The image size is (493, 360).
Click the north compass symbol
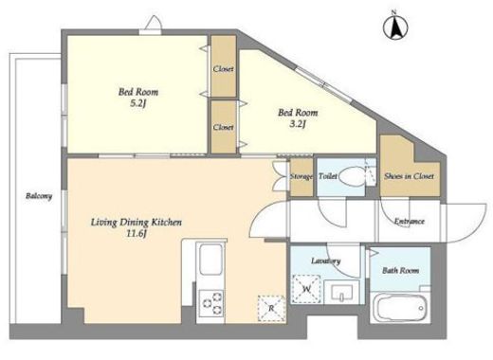[395, 27]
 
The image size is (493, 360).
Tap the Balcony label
[39, 196]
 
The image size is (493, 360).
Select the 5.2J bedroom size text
[137, 103]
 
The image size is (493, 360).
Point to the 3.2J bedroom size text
[298, 124]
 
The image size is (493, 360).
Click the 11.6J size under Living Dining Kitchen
[137, 234]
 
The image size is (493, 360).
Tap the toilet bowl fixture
[353, 176]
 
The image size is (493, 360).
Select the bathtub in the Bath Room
[400, 308]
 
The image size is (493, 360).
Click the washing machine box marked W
[306, 289]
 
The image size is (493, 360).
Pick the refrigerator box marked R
[271, 308]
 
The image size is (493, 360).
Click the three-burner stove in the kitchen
[211, 303]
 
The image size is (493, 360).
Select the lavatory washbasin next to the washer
[341, 292]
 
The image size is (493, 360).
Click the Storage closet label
[301, 177]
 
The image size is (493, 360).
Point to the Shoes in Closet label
[409, 176]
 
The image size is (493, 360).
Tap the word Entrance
[409, 221]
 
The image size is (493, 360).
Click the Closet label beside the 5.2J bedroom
[223, 68]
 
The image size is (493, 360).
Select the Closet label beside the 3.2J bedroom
[223, 127]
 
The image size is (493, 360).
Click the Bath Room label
[400, 270]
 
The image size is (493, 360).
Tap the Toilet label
[328, 176]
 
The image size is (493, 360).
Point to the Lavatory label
[325, 261]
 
